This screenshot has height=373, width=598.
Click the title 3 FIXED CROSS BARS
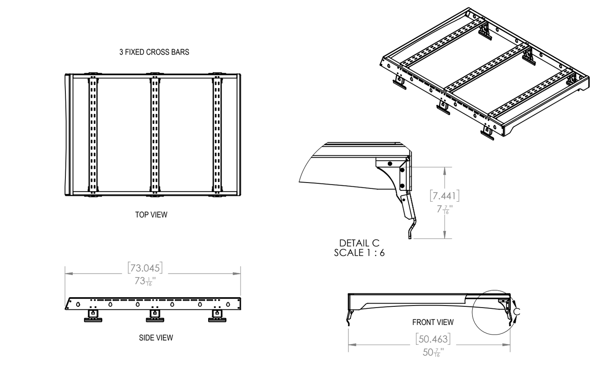[x=154, y=52]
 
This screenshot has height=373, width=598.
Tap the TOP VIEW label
[x=151, y=215]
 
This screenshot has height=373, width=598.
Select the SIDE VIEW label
[x=156, y=338]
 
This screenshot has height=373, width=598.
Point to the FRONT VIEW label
[x=432, y=322]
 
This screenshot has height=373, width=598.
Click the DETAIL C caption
[x=359, y=243]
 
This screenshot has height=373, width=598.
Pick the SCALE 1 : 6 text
[x=359, y=253]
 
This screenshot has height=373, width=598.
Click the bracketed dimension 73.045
[x=145, y=268]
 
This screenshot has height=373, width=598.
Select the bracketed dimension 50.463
[x=433, y=339]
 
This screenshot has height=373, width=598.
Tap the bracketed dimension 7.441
[x=444, y=195]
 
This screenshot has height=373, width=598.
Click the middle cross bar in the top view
[x=154, y=135]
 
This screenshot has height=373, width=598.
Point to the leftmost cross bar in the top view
[x=93, y=135]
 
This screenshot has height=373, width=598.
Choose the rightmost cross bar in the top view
[x=217, y=135]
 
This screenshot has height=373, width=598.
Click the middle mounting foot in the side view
[x=155, y=315]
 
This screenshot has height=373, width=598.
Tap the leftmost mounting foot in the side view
[x=93, y=315]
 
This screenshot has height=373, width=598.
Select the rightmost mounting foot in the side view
[x=217, y=315]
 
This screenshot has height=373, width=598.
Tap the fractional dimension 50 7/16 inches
[x=433, y=352]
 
